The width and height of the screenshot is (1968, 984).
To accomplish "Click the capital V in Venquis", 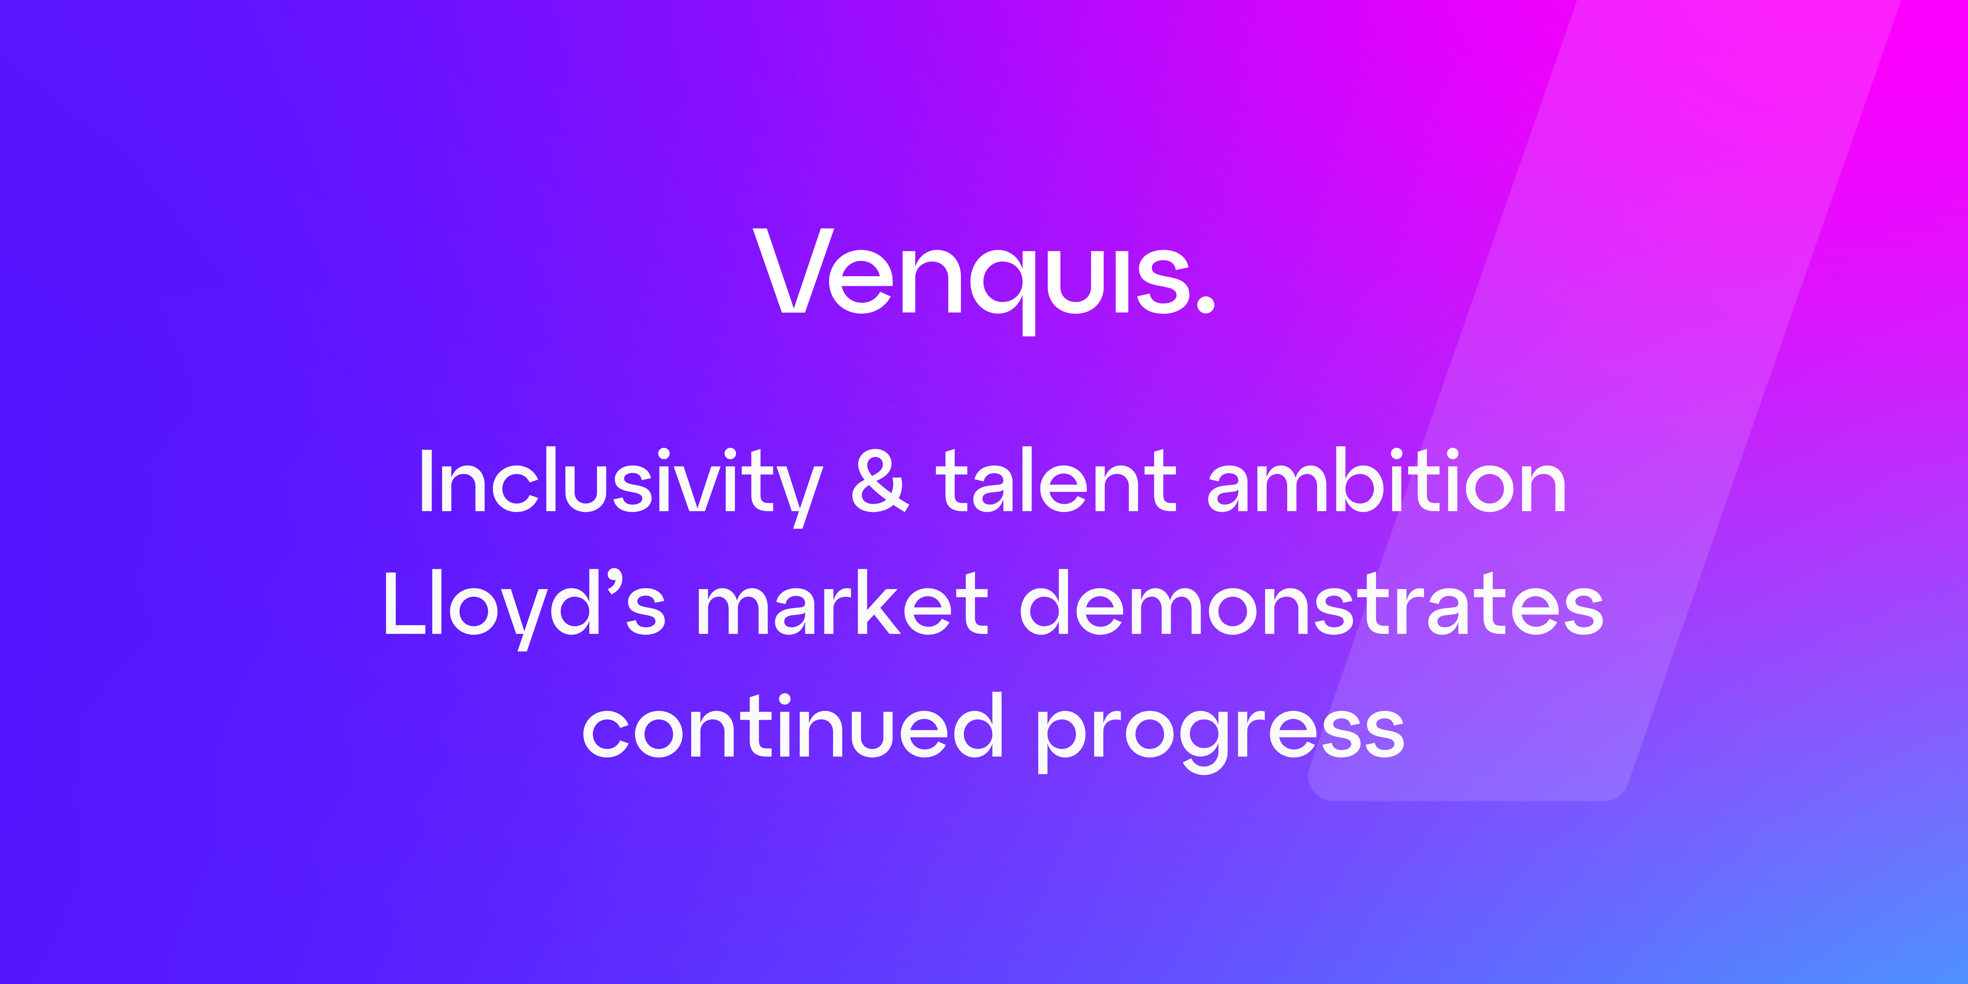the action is point(794,270).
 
